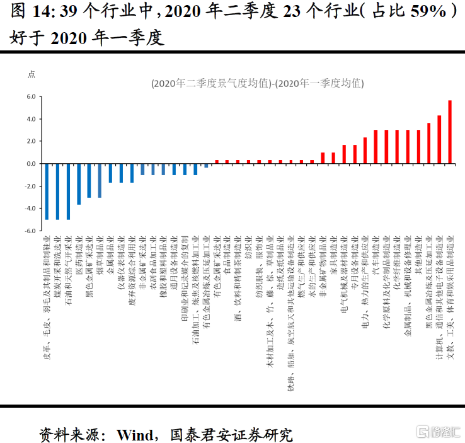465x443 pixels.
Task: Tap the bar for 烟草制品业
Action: pos(100,180)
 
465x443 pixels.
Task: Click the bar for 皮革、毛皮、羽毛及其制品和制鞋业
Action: pos(47,192)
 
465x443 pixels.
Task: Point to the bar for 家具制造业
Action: pos(333,158)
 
